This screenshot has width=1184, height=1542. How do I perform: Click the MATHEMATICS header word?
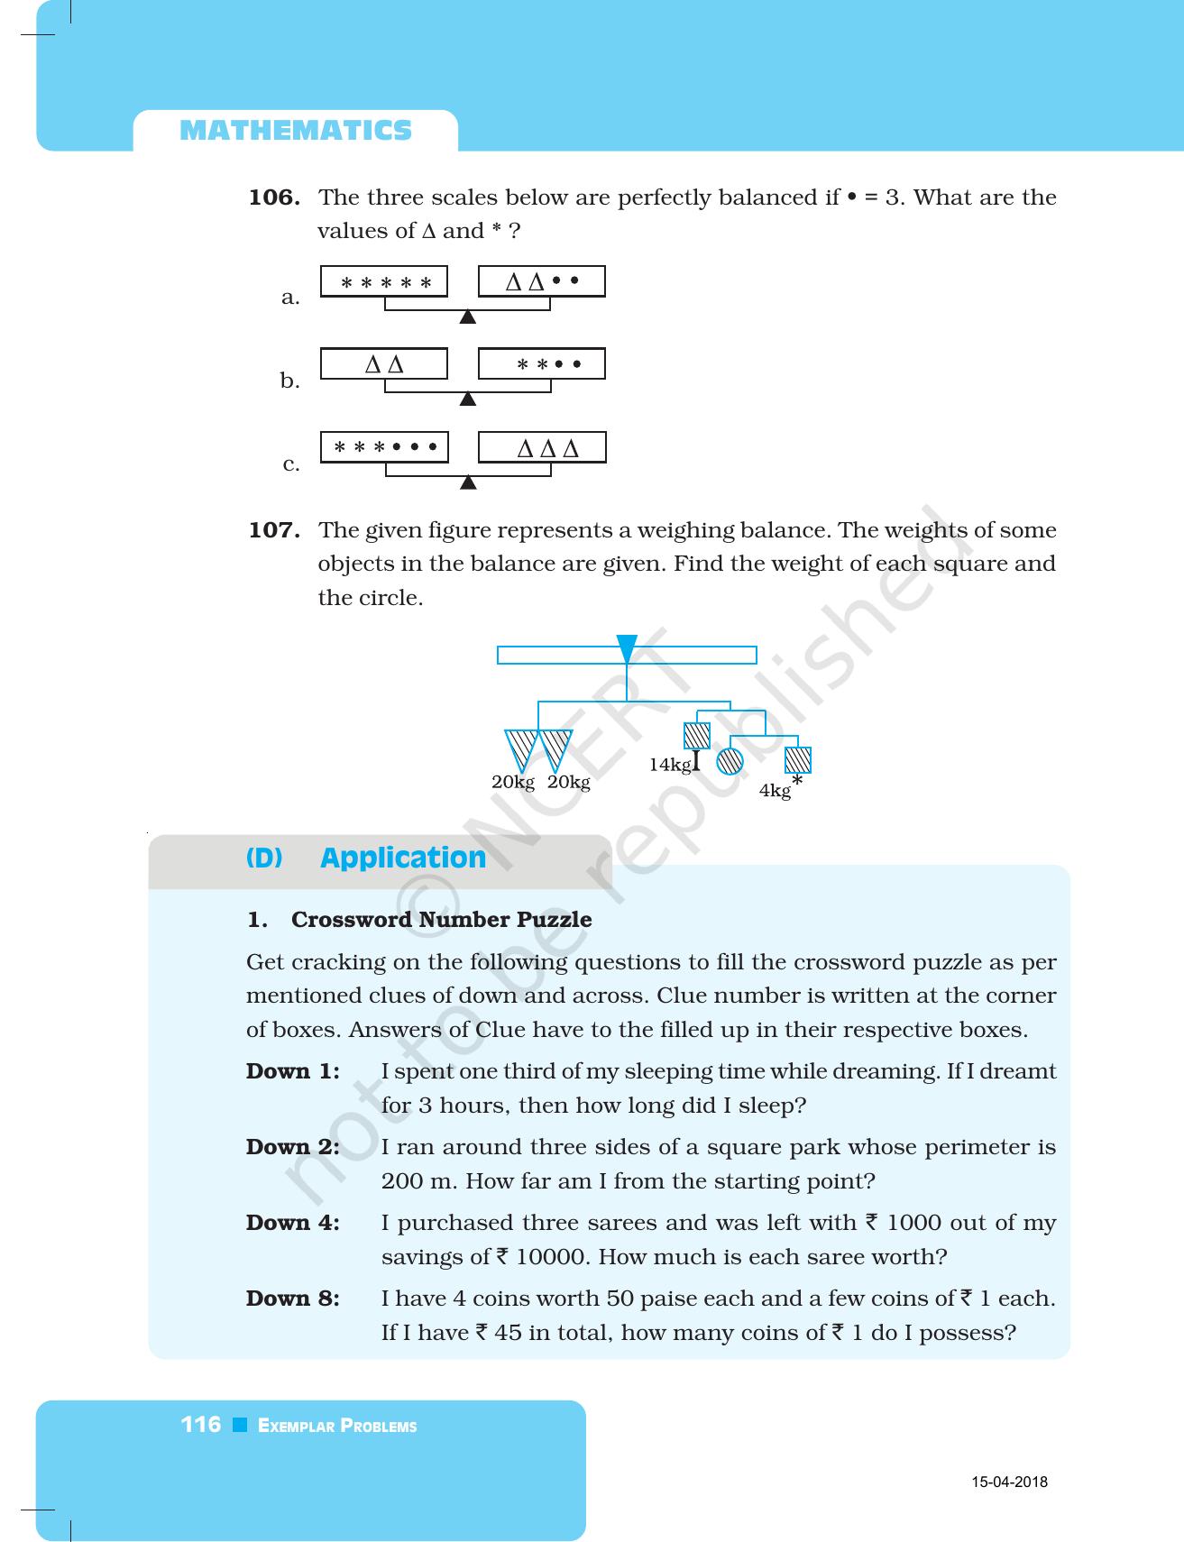pyautogui.click(x=296, y=132)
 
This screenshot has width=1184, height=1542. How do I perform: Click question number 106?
pyautogui.click(x=274, y=197)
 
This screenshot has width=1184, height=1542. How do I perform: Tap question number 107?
pyautogui.click(x=274, y=530)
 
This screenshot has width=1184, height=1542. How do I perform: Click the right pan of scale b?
pyautogui.click(x=541, y=364)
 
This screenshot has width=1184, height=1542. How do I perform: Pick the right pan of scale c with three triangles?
pyautogui.click(x=541, y=448)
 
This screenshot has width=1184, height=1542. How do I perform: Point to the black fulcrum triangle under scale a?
pyautogui.click(x=467, y=317)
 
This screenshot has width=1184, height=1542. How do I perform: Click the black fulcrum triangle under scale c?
pyautogui.click(x=467, y=483)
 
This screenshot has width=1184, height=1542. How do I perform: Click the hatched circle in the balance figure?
pyautogui.click(x=730, y=762)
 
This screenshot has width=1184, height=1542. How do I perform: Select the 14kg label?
pyautogui.click(x=670, y=765)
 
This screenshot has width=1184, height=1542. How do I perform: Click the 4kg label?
pyautogui.click(x=775, y=791)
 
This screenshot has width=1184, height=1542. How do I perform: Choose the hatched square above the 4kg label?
pyautogui.click(x=797, y=760)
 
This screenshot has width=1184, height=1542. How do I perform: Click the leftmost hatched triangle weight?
pyautogui.click(x=520, y=749)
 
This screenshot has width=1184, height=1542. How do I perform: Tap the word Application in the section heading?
pyautogui.click(x=403, y=858)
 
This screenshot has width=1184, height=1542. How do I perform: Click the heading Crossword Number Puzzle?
pyautogui.click(x=441, y=920)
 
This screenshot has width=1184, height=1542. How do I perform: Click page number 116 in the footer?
pyautogui.click(x=201, y=1425)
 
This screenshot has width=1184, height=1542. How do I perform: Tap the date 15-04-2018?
pyautogui.click(x=1009, y=1482)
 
